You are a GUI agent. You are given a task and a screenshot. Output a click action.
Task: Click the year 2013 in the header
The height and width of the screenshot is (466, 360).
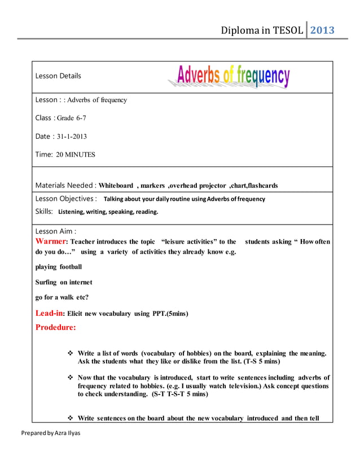tap(323, 30)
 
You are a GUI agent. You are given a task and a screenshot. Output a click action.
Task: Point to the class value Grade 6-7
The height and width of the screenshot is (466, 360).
tap(72, 118)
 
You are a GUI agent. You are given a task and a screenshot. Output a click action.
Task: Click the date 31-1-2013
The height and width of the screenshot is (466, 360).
tap(72, 136)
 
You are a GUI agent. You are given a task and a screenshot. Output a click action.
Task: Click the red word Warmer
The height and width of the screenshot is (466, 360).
tap(51, 241)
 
